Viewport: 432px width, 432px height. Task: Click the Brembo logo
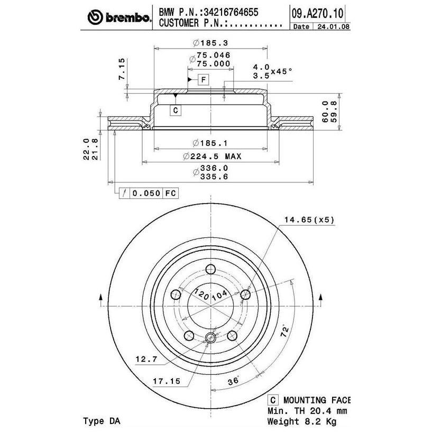coord(120,17)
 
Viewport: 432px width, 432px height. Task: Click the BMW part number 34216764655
coord(231,12)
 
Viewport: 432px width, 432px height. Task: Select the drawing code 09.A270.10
coord(317,13)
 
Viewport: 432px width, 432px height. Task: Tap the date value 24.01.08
coord(333,26)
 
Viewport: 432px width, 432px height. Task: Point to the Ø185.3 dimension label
coord(211,43)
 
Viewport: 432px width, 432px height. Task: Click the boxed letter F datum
coord(204,80)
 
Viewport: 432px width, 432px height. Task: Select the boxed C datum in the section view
coord(176,110)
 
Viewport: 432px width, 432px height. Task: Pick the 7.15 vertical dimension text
coord(122,69)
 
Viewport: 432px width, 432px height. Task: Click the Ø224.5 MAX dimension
coord(212,157)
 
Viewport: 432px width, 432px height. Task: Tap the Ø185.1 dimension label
coord(210,143)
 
